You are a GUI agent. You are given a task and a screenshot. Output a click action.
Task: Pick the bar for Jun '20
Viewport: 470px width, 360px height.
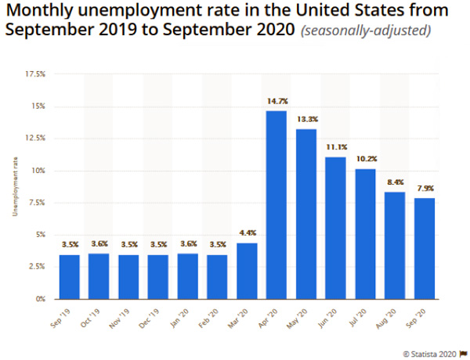(x=335, y=228)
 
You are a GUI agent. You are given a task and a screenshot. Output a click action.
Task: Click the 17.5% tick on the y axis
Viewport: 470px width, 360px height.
(x=35, y=74)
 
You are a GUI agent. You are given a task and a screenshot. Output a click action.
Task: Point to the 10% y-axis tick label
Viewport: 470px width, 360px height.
(x=38, y=171)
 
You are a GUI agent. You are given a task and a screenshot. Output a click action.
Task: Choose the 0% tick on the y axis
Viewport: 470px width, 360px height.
(x=40, y=299)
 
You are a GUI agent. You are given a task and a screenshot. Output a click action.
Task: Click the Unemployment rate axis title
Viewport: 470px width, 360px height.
(x=15, y=187)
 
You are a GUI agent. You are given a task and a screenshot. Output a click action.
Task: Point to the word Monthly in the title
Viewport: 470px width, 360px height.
(x=42, y=13)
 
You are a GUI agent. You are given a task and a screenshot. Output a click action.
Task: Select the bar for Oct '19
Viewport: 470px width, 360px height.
(x=99, y=276)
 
